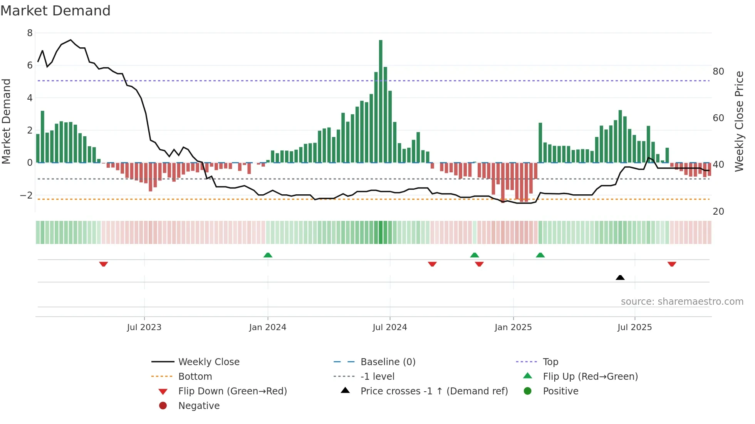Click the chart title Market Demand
pos(55,11)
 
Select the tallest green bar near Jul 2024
pos(381,101)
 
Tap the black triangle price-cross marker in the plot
pos(620,277)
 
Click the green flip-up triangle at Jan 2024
pos(268,255)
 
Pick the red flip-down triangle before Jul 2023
pos(103,264)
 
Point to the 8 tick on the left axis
pos(30,33)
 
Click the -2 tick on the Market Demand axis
pos(26,195)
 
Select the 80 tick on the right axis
pos(718,72)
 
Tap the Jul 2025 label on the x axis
pos(634,327)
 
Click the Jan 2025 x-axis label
pos(513,327)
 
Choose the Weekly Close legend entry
pos(208,362)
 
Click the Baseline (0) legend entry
pos(388,362)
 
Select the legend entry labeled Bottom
pos(195,377)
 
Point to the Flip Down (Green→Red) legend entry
pos(232,391)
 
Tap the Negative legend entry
pos(199,406)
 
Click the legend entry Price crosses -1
pos(434,391)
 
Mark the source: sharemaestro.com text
pos(682,302)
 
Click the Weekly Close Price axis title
pos(739,121)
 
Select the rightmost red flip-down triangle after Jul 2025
pos(672,264)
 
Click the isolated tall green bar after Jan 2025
pos(540,142)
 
